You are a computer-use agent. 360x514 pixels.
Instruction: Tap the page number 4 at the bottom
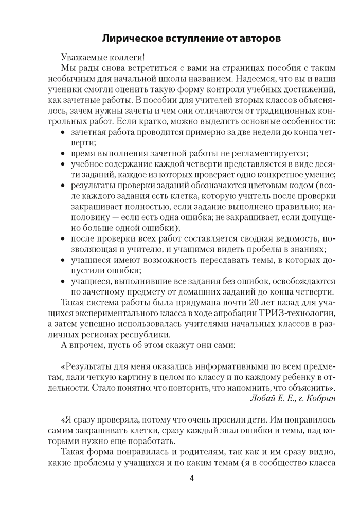click(x=191, y=479)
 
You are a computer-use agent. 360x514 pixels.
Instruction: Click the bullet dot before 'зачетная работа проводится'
click(x=64, y=133)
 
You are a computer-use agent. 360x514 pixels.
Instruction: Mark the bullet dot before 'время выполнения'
click(x=64, y=154)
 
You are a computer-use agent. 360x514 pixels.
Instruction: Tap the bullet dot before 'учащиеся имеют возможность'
click(x=64, y=260)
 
